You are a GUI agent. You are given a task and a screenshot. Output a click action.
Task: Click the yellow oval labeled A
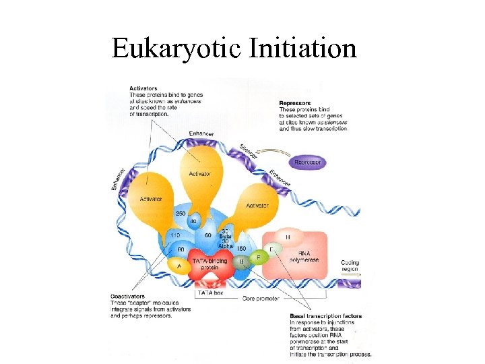(179, 266)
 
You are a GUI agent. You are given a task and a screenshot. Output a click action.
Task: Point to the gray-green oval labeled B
(240, 262)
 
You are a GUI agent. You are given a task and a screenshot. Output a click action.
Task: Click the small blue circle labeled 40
(193, 221)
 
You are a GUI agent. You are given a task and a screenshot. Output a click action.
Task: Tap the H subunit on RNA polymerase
(288, 237)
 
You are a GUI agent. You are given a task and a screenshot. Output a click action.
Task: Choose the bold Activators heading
(143, 87)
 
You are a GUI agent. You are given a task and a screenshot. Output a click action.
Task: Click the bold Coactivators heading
(127, 295)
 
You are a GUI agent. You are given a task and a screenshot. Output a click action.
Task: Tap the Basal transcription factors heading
(321, 315)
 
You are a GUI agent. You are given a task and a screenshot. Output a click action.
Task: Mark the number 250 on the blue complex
(181, 214)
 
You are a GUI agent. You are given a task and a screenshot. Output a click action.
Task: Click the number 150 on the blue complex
(241, 249)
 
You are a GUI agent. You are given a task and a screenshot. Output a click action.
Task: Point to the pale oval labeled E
(271, 248)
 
